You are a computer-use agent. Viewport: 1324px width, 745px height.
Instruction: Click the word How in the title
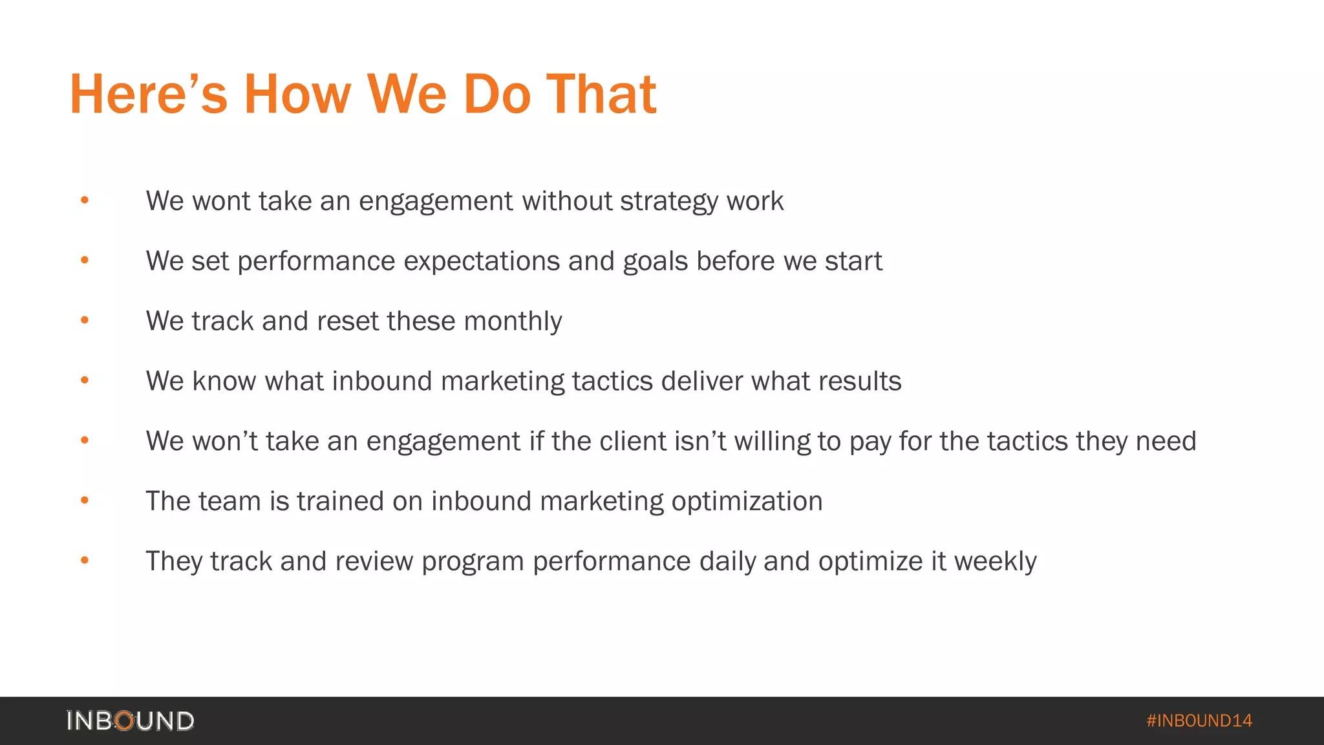[297, 94]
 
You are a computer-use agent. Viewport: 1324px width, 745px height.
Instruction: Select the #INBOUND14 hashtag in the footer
[1199, 720]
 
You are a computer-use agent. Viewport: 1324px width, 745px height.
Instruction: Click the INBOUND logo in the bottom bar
[130, 720]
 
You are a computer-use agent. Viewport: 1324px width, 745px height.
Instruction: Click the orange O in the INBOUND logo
[125, 720]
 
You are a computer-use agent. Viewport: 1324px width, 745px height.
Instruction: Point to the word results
[860, 382]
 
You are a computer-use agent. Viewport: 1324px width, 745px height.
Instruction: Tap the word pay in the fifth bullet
[870, 442]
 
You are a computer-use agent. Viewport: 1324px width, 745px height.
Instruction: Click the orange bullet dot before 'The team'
[85, 501]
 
